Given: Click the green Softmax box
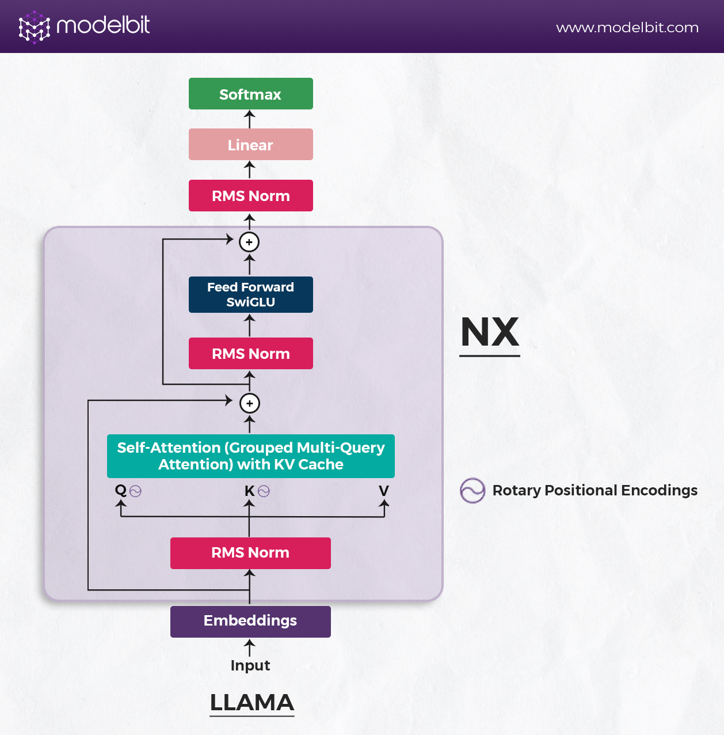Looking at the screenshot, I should tap(250, 94).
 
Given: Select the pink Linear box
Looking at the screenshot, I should tap(250, 145).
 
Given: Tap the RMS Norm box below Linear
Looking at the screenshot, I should tap(250, 196).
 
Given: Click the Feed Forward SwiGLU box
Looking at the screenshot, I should tap(250, 294).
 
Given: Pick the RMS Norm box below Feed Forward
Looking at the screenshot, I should tap(250, 354).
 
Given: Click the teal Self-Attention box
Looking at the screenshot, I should tap(250, 456).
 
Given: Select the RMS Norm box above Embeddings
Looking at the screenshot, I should tap(250, 553).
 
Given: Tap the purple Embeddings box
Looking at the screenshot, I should tap(250, 621).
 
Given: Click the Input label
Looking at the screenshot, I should tap(250, 665).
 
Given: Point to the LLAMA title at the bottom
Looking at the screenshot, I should tap(252, 703).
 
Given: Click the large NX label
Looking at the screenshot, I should tap(490, 332).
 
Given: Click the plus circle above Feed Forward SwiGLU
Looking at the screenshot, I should tap(249, 242).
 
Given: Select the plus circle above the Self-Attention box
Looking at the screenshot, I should tap(249, 403).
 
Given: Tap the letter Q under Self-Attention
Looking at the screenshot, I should tap(120, 490).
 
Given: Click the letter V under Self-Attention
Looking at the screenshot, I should tap(384, 491).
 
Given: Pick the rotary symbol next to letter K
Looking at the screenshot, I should tap(264, 491).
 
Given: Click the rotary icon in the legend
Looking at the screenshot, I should tap(472, 491).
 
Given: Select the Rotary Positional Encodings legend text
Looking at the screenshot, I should tap(595, 491).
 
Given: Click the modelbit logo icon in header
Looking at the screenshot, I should tap(34, 27).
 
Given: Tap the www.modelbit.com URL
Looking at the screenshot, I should tap(627, 28).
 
